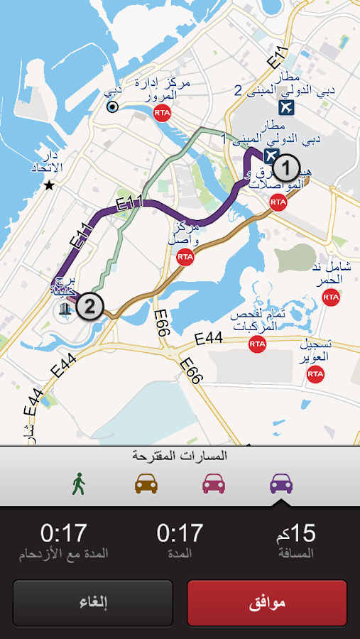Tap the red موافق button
(267, 603)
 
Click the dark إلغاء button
(93, 603)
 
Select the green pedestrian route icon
(79, 484)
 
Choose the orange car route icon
(146, 484)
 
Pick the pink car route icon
(214, 484)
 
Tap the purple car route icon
(281, 484)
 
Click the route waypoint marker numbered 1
(285, 169)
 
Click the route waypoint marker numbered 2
(90, 307)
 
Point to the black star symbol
(48, 185)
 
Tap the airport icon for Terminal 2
(286, 108)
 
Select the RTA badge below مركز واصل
(185, 257)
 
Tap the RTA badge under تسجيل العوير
(315, 375)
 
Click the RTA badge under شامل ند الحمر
(331, 297)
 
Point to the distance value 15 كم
(295, 532)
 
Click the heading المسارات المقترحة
(180, 456)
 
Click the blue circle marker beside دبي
(111, 107)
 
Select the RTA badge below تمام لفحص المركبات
(257, 344)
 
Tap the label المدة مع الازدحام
(64, 553)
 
